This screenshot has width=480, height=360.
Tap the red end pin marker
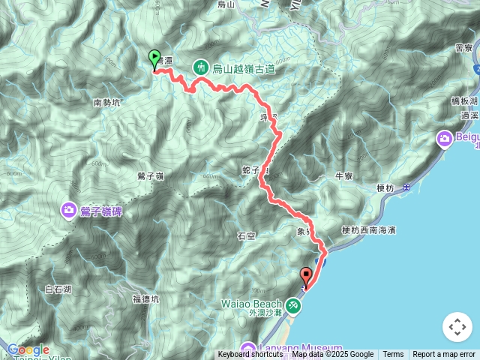306,276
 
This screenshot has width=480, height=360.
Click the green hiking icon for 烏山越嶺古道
201,67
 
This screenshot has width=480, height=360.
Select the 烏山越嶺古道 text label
244,69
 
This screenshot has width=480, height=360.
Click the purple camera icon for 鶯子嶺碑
70,210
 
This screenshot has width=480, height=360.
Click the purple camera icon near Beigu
445,138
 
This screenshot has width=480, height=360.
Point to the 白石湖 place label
58,289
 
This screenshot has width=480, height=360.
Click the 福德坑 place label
146,298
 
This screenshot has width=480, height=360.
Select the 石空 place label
246,235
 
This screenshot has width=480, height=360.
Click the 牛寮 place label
344,176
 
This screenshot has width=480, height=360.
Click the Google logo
28,349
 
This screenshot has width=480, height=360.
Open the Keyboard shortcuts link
252,355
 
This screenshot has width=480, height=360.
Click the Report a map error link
444,355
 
